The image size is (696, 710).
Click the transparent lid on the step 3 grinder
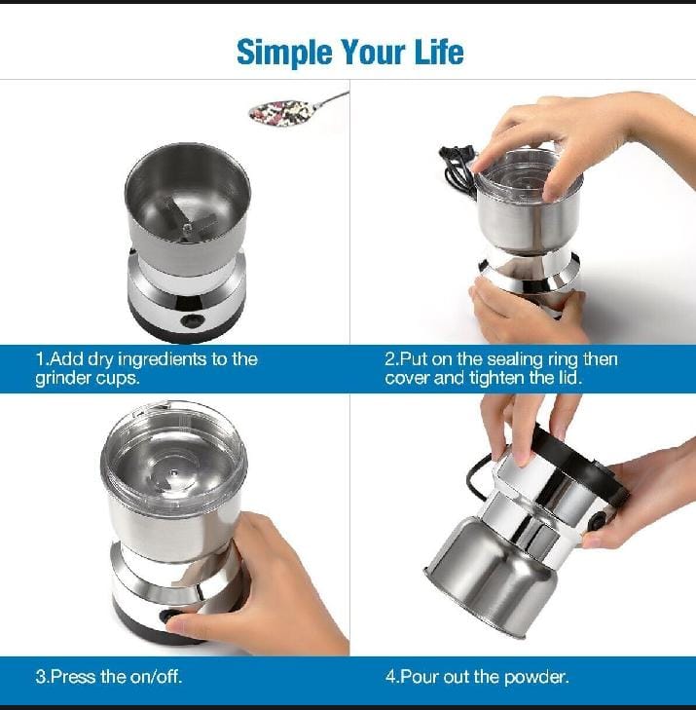[174, 453]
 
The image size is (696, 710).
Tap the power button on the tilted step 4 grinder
[599, 520]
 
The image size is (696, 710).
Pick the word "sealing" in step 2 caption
[513, 359]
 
